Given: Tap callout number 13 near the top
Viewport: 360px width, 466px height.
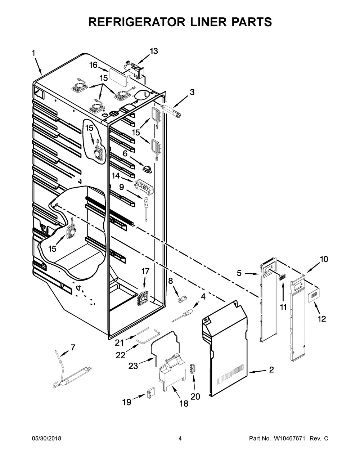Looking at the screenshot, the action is point(154,51).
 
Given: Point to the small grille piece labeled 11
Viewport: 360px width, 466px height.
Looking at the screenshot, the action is point(282,277).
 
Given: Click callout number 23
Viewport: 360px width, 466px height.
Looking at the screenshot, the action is point(133,366).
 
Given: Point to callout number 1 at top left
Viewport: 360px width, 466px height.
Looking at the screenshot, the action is point(33,53).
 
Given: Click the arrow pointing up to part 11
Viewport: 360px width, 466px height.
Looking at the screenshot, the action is point(283,292).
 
